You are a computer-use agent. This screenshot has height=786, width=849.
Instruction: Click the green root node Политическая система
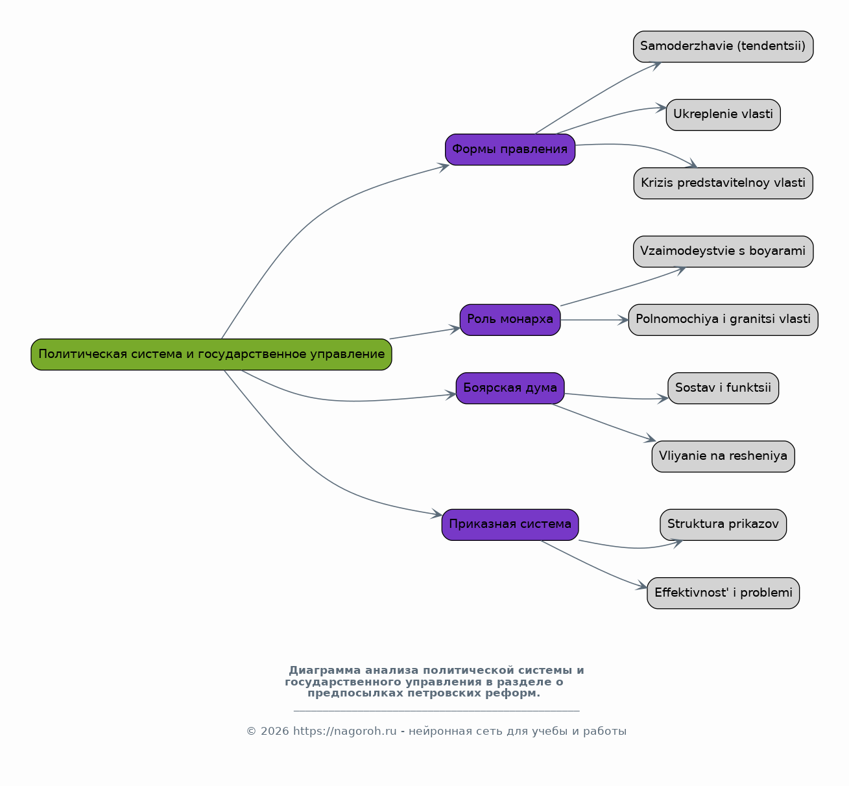[211, 355]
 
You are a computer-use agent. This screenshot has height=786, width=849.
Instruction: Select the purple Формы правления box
[510, 150]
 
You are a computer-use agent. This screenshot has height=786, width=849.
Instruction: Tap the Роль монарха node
[510, 320]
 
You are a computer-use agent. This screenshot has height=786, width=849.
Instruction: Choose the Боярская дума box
[510, 388]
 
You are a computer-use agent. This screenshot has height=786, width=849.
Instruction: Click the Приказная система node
[510, 525]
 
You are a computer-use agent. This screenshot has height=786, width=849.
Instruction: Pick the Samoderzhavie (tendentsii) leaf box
[723, 47]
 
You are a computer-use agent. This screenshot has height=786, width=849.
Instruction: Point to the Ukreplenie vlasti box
[723, 115]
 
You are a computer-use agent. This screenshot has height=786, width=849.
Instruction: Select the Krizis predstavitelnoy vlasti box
[723, 183]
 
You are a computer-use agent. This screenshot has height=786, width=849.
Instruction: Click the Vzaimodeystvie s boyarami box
[723, 252]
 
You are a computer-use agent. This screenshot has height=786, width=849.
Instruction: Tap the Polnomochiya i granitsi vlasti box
[723, 320]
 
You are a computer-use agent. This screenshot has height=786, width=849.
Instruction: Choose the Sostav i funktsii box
[723, 388]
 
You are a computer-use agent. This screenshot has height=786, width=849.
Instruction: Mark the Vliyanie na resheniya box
[723, 457]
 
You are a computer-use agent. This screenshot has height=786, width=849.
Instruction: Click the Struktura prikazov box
[723, 525]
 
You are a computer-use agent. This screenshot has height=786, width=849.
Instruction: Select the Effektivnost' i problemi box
[723, 593]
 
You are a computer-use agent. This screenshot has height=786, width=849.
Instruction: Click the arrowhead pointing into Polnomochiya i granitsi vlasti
[623, 320]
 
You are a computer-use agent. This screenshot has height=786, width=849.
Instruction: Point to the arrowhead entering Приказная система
[437, 514]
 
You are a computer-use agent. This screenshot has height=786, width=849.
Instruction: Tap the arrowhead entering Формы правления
[444, 167]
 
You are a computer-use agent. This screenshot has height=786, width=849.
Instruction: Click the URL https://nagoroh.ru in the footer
[344, 731]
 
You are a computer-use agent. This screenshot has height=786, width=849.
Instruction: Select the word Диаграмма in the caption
[324, 670]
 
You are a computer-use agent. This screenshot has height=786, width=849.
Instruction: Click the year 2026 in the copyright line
[274, 731]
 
